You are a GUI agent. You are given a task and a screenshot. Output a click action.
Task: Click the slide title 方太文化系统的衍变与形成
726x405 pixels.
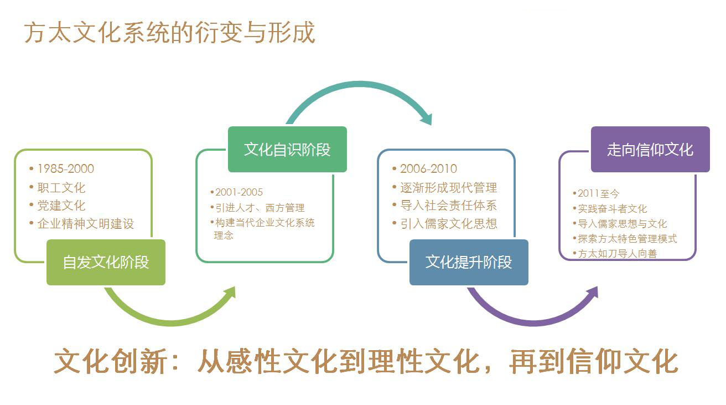[x=169, y=33]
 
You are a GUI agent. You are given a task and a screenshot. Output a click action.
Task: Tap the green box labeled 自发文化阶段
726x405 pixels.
[x=106, y=262]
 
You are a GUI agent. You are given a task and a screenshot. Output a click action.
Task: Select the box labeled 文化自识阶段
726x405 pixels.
[x=287, y=149]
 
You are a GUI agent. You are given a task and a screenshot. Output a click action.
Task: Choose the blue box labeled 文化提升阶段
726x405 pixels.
[x=469, y=262]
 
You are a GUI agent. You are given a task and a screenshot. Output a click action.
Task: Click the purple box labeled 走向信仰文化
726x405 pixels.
[x=650, y=149]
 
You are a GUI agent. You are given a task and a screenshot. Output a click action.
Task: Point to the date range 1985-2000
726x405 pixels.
[x=65, y=169]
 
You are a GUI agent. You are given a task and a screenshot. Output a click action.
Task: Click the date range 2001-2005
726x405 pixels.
[x=239, y=192]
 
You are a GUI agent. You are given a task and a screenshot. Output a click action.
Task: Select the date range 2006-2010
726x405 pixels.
[x=428, y=169]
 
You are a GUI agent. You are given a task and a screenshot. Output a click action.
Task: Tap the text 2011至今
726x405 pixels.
[x=598, y=193]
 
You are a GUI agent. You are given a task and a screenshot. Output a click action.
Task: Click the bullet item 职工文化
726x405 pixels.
[x=61, y=188]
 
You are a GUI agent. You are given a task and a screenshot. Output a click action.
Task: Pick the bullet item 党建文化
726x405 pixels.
[x=61, y=206]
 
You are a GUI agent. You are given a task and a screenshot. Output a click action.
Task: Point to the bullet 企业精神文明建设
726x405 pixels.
[x=86, y=224]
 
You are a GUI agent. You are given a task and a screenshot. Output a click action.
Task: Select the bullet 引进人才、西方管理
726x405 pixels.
[x=260, y=207]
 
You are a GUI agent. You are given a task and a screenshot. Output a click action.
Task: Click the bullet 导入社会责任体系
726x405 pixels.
[x=448, y=206]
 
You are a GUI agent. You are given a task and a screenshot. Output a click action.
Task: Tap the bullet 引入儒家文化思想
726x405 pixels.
[x=448, y=224]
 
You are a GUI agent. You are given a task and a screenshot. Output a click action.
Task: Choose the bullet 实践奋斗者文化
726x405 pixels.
[x=612, y=209]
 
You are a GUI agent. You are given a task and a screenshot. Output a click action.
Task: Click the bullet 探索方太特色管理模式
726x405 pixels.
[x=627, y=239]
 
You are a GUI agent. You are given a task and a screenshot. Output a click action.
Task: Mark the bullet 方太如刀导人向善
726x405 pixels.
[x=617, y=253]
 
